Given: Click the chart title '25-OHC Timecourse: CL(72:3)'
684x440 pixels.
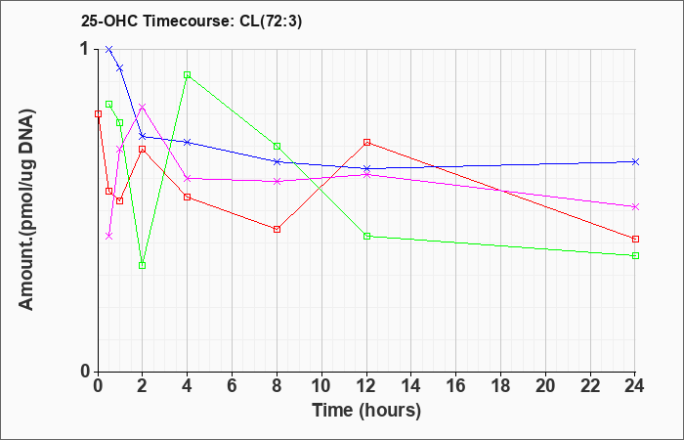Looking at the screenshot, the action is pos(192,22).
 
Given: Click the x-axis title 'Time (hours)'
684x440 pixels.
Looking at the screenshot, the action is pos(366,411).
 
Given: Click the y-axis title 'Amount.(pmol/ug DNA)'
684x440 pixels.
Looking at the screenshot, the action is pos(26,210).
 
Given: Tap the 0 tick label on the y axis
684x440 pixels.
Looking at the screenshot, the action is pos(86,372).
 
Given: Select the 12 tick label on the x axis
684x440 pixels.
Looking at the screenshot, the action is pos(366,386).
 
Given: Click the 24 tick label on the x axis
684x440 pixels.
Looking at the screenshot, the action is pos(635,386).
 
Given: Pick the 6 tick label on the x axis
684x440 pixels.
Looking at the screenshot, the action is pos(233,386).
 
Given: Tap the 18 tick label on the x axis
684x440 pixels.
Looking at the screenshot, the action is pos(500,386).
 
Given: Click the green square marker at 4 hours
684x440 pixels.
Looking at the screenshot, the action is pos(188,74).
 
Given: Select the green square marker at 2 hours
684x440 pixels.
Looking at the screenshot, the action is pos(143,265).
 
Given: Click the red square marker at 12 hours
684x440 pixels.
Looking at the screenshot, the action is pos(366,143).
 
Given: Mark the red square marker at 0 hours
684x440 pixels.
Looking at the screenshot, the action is pos(98,114).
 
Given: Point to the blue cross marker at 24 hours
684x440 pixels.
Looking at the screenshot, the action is pos(635,162).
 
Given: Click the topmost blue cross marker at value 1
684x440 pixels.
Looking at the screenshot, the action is pos(109,49).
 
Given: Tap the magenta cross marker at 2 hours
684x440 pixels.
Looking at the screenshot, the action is pos(143,107).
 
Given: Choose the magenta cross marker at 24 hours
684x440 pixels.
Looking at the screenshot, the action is pos(635,207).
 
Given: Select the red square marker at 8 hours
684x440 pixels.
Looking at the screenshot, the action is pos(277,229).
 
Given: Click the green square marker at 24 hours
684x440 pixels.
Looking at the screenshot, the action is pos(635,256).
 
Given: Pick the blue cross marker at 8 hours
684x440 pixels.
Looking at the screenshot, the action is pos(277,162).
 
